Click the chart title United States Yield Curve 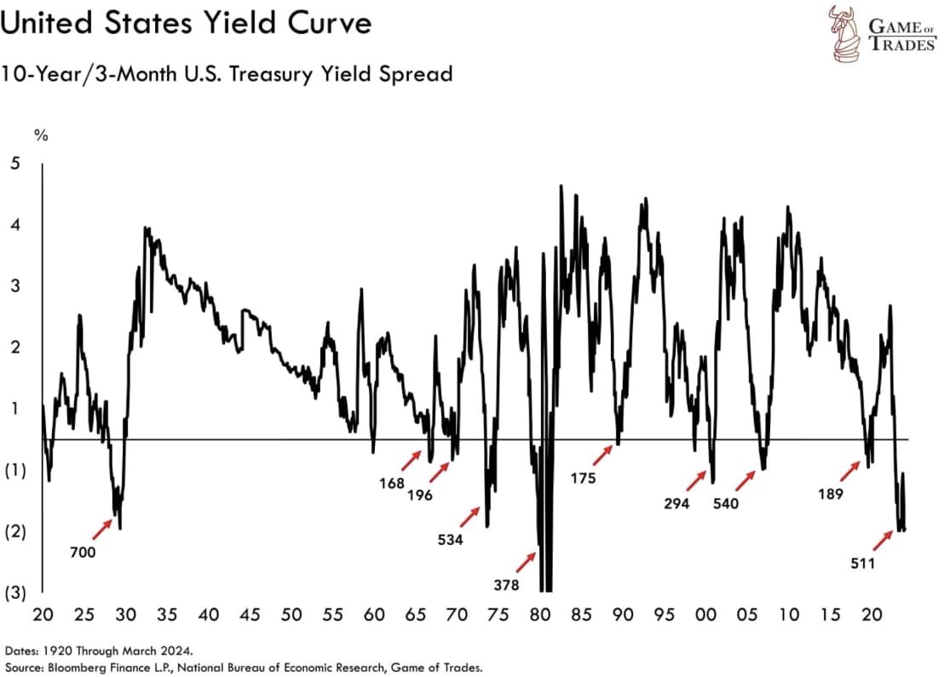pyautogui.click(x=187, y=23)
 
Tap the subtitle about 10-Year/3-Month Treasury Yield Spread pyautogui.click(x=227, y=75)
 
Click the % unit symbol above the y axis pyautogui.click(x=38, y=134)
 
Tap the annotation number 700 pyautogui.click(x=82, y=552)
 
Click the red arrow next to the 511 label pyautogui.click(x=881, y=539)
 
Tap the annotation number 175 pyautogui.click(x=583, y=479)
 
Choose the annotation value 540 pyautogui.click(x=726, y=503)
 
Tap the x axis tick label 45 pyautogui.click(x=249, y=615)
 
